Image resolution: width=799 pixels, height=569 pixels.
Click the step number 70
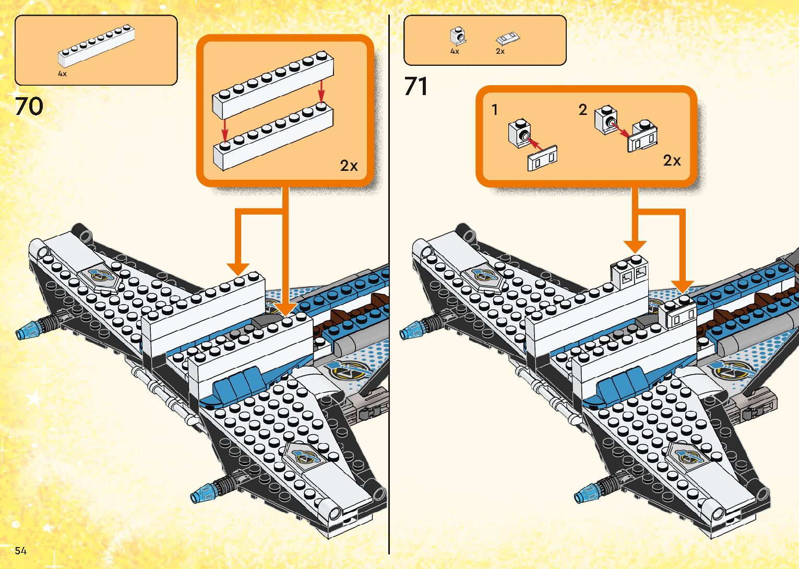click(29, 107)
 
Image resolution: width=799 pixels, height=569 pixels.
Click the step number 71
click(416, 86)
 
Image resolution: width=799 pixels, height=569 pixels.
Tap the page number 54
click(20, 551)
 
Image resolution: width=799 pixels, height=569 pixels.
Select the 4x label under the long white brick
click(62, 74)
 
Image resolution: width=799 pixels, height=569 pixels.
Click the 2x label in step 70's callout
click(349, 166)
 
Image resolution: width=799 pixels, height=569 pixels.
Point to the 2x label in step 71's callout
click(672, 160)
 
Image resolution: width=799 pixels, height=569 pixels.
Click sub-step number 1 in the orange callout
click(495, 110)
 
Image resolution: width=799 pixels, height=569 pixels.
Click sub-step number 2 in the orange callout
click(583, 110)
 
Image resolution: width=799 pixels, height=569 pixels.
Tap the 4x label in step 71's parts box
click(455, 51)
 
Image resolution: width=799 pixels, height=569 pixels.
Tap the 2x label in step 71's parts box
click(500, 51)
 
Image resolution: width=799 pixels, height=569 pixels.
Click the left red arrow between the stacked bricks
click(224, 128)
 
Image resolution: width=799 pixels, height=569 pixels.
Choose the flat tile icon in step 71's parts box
click(508, 38)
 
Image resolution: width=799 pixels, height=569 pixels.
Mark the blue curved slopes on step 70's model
click(238, 384)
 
